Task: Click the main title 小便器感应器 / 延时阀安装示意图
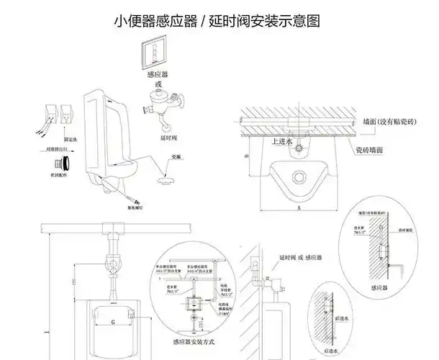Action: pyautogui.click(x=217, y=21)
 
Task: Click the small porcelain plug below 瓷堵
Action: pyautogui.click(x=170, y=173)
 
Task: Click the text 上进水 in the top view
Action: pyautogui.click(x=281, y=142)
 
